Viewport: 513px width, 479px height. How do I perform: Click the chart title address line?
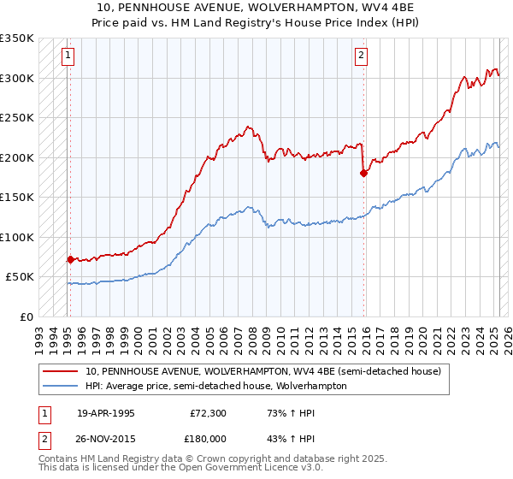point(256,8)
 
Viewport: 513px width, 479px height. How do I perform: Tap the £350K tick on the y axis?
point(17,38)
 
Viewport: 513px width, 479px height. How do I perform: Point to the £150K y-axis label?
point(17,197)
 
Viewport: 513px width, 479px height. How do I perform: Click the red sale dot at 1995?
point(70,258)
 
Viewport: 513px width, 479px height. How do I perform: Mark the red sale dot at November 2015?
point(363,173)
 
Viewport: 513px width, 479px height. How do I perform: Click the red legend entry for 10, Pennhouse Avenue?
point(263,371)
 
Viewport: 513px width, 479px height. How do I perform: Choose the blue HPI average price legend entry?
point(215,386)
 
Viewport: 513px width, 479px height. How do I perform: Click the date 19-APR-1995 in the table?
point(106,412)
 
